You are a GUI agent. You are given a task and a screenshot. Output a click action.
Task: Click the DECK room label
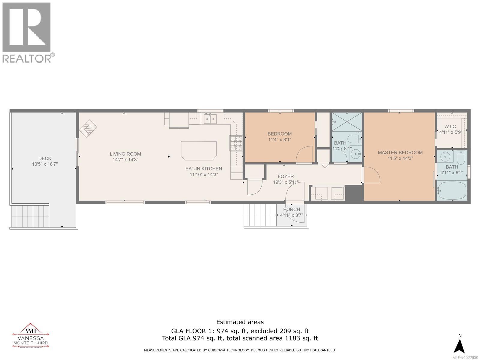[x=45, y=161]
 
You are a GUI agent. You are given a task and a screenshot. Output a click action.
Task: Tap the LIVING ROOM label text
[x=125, y=157]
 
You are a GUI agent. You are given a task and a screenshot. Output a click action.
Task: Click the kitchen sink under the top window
[x=210, y=119]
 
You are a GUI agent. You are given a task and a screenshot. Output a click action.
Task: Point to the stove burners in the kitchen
[x=236, y=143]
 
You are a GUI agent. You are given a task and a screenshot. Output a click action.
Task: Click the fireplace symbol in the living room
[x=88, y=129]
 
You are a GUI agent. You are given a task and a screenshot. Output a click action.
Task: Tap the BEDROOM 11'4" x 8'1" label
[x=279, y=136]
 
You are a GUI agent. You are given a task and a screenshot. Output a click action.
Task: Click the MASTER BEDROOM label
[x=400, y=155]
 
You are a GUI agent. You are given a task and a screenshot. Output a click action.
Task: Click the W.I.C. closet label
[x=451, y=129]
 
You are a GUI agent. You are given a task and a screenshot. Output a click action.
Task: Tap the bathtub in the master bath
[x=451, y=190]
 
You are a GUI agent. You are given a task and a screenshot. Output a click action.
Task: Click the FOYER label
[x=286, y=179]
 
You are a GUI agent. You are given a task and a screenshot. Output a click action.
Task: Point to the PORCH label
[x=291, y=212]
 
